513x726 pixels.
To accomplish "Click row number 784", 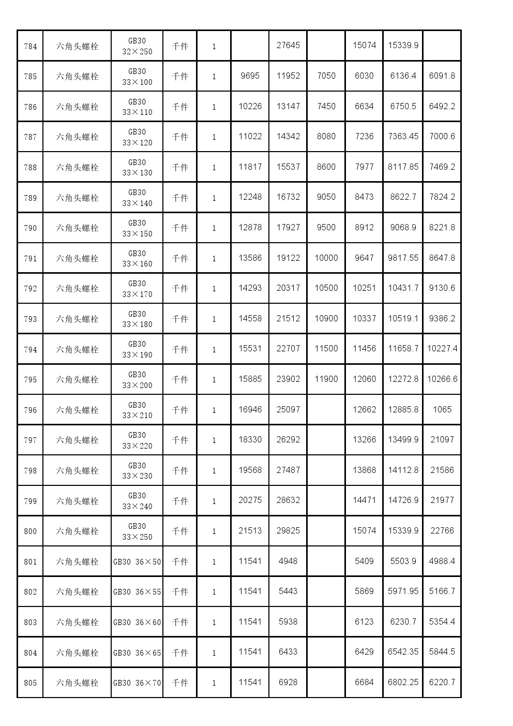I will [31, 47].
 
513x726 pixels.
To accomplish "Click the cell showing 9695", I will [250, 76].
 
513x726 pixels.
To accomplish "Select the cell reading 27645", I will [288, 46].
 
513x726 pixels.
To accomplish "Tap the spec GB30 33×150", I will [137, 228].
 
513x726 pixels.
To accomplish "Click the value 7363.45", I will [403, 137].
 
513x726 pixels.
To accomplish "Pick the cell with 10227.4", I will [442, 349].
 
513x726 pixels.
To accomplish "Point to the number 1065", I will [442, 410].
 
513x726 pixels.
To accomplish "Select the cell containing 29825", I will [288, 531].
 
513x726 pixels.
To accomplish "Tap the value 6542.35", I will [403, 652].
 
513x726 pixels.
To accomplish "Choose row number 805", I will [31, 683].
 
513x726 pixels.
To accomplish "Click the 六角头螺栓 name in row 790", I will [77, 228].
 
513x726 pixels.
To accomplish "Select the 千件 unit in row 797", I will [180, 440].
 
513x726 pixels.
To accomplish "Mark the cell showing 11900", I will [326, 379].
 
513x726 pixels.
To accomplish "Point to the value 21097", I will [442, 440].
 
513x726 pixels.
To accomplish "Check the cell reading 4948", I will [288, 561].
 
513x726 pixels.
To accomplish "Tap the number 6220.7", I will [442, 683].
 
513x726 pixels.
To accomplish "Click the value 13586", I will [250, 258].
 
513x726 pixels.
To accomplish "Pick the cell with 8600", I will [326, 167].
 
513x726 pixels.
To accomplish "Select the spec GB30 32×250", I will [137, 47].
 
